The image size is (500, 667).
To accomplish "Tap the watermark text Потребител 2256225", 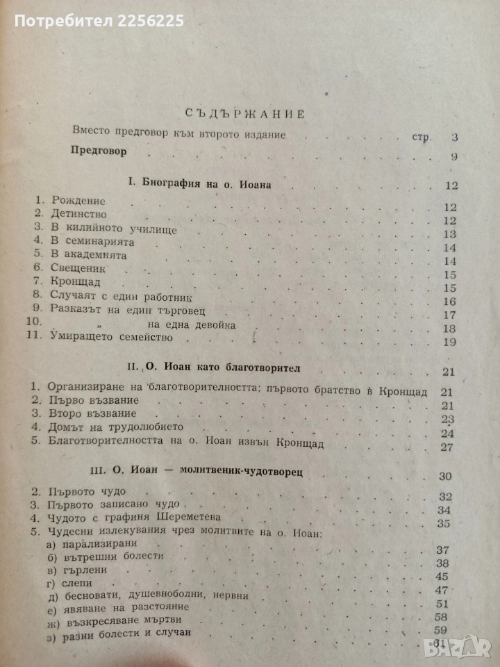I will click(x=99, y=22).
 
